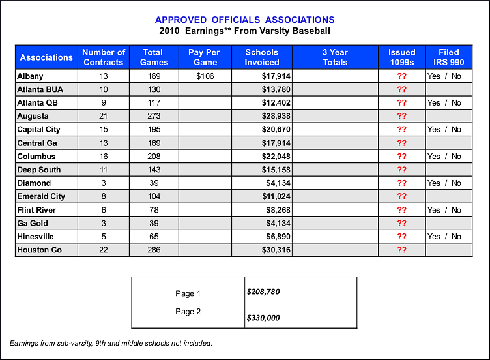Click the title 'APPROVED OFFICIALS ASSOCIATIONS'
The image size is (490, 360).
click(x=245, y=20)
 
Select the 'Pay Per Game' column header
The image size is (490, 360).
click(x=205, y=57)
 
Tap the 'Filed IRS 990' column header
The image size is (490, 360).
click(x=448, y=57)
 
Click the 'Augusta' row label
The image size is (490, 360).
click(x=33, y=116)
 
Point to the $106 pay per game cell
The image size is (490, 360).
click(x=205, y=76)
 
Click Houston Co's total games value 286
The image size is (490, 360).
click(x=154, y=250)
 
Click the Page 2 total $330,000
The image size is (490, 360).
click(x=263, y=318)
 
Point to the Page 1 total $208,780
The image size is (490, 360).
click(x=263, y=292)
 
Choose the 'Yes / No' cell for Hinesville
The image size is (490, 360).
click(x=444, y=237)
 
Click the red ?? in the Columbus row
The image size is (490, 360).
click(x=401, y=157)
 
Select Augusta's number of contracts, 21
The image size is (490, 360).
click(x=103, y=116)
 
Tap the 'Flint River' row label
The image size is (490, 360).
click(x=36, y=210)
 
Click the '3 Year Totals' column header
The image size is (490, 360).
click(x=335, y=57)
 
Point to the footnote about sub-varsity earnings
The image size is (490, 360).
click(x=111, y=343)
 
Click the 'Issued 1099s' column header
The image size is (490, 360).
click(x=401, y=57)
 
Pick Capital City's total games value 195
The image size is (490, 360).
click(x=154, y=130)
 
